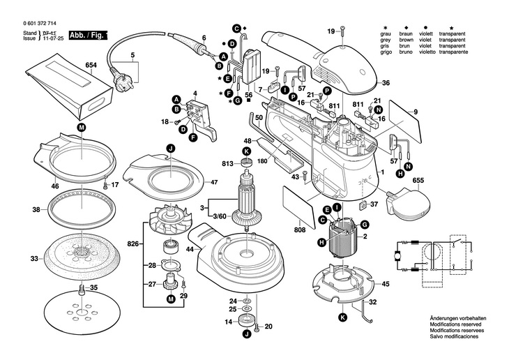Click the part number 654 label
pos(91,66)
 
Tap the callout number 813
pos(227,164)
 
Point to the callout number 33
pos(33,258)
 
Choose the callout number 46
pos(36,187)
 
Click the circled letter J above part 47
pos(169,147)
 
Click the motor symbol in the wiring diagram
pos(398,255)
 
